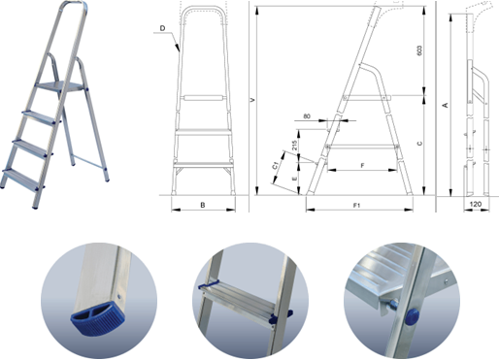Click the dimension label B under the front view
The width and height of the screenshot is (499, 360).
click(203, 205)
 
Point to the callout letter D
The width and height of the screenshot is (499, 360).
click(162, 28)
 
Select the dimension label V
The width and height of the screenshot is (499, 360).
click(252, 100)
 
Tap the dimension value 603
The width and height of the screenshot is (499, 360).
click(419, 50)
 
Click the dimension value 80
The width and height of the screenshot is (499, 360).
click(307, 116)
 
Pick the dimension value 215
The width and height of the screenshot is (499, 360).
click(294, 147)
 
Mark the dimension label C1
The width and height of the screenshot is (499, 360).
click(275, 166)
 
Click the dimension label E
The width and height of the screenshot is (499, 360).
click(294, 179)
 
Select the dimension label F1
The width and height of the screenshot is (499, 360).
click(356, 205)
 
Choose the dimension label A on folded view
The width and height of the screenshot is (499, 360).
click(446, 105)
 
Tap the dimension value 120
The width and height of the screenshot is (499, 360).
click(475, 204)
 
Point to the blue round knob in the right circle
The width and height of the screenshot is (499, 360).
click(412, 316)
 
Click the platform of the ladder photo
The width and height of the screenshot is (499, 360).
click(60, 86)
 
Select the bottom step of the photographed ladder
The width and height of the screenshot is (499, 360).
click(21, 179)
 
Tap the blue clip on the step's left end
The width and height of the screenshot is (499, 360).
click(208, 286)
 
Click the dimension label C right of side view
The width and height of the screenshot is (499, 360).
click(419, 144)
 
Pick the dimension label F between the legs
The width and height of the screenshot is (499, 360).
click(362, 166)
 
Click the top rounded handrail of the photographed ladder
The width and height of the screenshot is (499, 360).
click(74, 5)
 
